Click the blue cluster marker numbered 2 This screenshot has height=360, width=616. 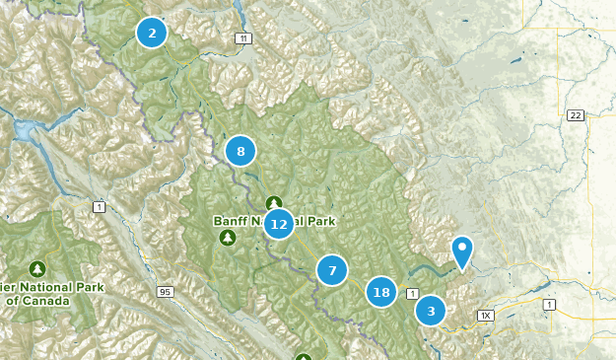(152, 33)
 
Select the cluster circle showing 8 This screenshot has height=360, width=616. (240, 151)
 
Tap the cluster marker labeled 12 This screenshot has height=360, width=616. (279, 224)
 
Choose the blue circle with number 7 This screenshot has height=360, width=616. (332, 269)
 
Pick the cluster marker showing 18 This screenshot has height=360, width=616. (381, 292)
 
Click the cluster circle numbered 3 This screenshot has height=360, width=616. (430, 311)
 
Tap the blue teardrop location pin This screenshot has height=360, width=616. (461, 251)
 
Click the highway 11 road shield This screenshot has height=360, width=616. (242, 38)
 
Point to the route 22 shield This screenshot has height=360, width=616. (576, 116)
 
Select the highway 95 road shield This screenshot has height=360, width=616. (164, 291)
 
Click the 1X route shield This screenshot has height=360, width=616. (484, 316)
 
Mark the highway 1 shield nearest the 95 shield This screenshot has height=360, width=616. (99, 206)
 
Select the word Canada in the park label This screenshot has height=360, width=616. (70, 300)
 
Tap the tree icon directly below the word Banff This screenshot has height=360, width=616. (229, 239)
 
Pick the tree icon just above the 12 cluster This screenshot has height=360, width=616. (273, 202)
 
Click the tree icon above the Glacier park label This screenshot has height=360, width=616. (37, 267)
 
